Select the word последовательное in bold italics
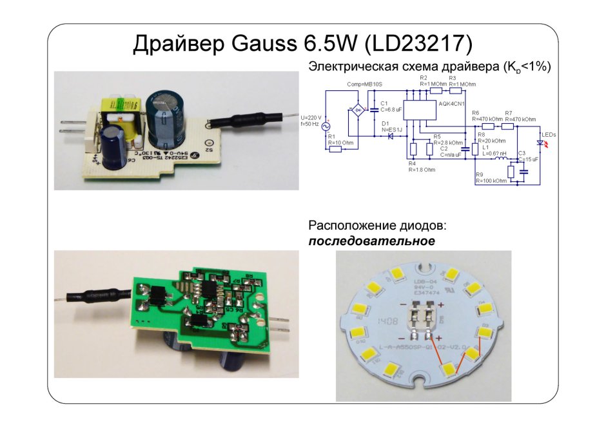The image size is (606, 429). click(x=371, y=241)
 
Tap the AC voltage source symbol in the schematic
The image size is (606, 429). click(x=326, y=126)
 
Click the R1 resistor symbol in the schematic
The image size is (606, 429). click(x=335, y=150)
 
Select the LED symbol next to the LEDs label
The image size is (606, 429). click(x=540, y=143)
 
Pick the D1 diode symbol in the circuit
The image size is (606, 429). click(x=391, y=137)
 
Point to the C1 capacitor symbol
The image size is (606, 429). click(x=373, y=110)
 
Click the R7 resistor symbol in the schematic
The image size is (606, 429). click(x=509, y=126)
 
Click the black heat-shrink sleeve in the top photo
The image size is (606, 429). click(x=244, y=121)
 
